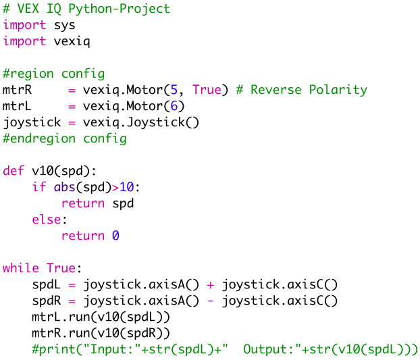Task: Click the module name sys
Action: pos(65,25)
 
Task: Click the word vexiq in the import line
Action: pos(72,41)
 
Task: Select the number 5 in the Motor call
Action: pos(174,90)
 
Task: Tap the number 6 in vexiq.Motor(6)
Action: pos(174,106)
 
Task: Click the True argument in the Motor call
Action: pos(207,90)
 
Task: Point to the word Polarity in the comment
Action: pos(338,90)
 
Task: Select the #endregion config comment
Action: pos(65,138)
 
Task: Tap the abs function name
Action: pos(65,187)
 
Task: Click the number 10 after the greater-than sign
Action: pos(127,187)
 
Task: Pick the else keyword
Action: pos(47,220)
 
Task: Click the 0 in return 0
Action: pos(115,236)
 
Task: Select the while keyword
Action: pos(21,268)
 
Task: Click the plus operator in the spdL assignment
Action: pos(210,284)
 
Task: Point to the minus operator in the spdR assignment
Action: pos(210,301)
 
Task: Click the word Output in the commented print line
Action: pos(265,349)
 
